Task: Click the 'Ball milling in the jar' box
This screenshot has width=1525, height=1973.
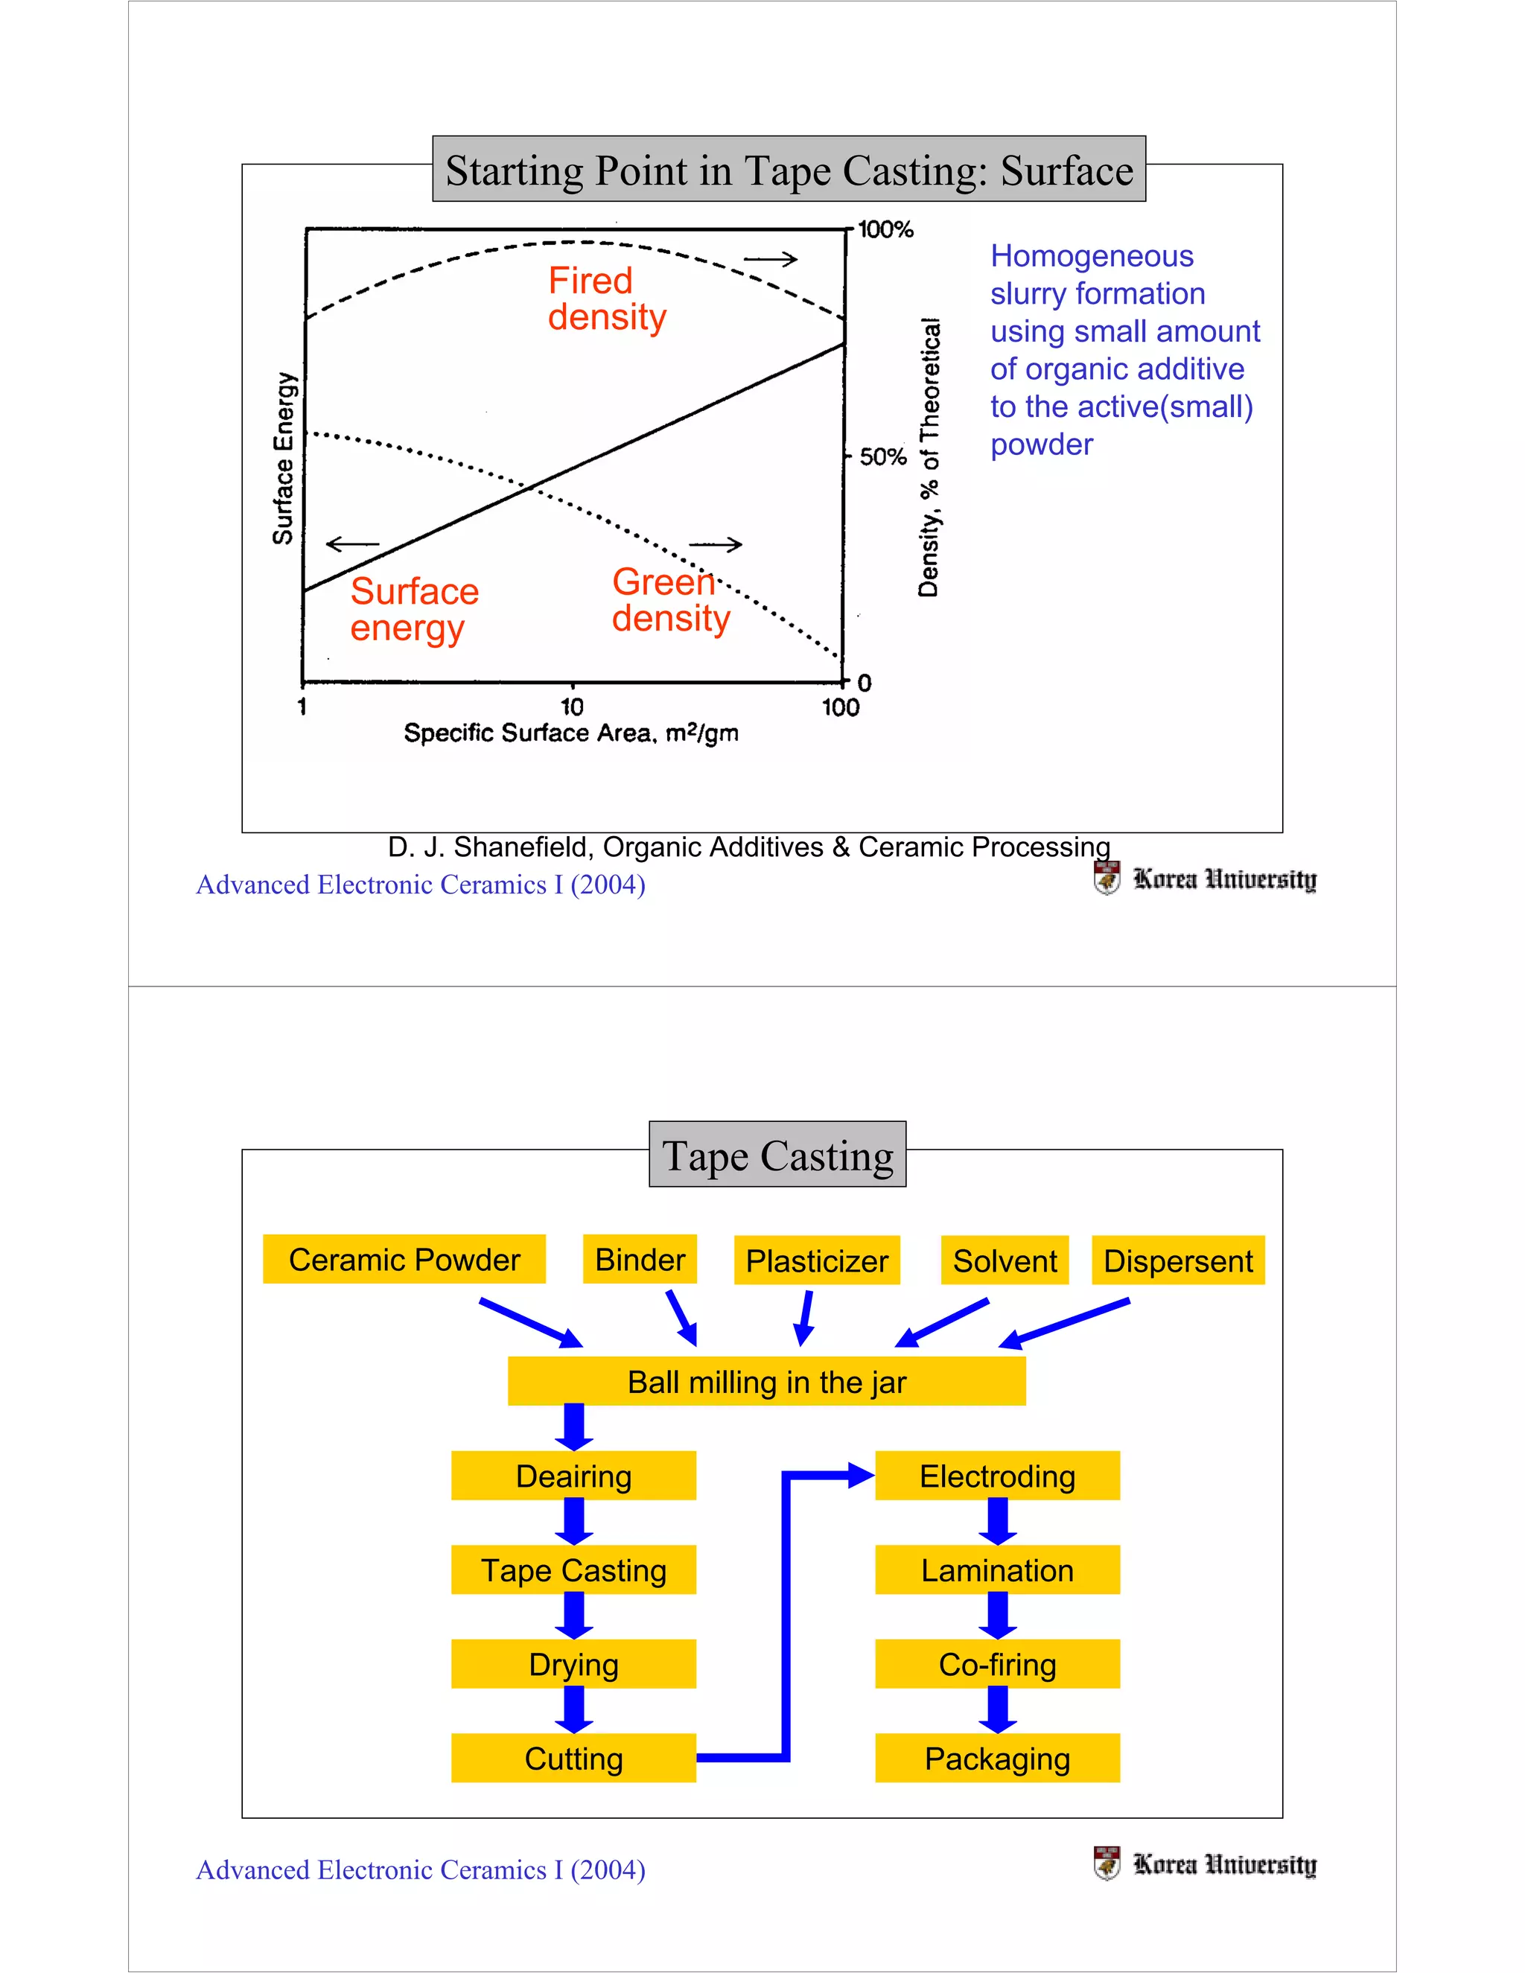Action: (766, 1381)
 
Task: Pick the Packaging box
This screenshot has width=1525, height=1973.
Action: (997, 1758)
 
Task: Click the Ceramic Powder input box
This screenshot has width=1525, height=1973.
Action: (404, 1259)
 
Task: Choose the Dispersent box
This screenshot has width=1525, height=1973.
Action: (1178, 1260)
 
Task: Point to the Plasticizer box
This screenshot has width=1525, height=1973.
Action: (817, 1260)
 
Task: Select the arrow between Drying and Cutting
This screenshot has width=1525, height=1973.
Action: (573, 1709)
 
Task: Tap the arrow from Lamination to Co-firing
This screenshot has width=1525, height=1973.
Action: (997, 1616)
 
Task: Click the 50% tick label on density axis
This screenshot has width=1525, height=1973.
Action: (882, 456)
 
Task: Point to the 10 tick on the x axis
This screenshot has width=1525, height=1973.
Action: (572, 707)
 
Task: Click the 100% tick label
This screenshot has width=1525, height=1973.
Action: (885, 229)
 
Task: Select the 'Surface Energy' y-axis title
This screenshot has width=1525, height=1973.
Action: (284, 458)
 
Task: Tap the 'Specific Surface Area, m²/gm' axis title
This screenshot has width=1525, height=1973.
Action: (571, 733)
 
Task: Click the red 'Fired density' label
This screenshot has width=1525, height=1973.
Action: (606, 299)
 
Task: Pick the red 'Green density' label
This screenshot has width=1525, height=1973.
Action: (670, 600)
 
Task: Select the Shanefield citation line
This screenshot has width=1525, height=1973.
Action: (748, 847)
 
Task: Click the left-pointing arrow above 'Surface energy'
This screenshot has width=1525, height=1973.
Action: (352, 544)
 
